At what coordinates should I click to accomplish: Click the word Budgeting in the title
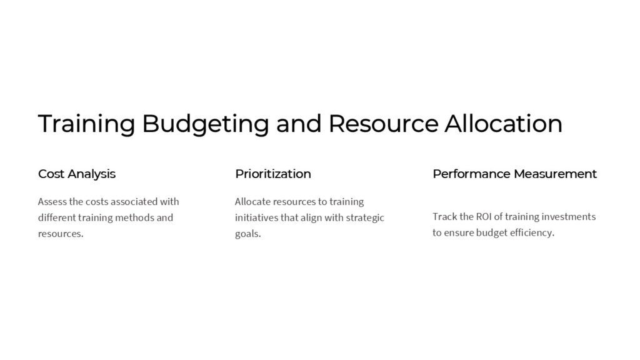[206, 124]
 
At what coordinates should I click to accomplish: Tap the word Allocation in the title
[503, 123]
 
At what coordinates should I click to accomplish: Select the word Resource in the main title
[383, 123]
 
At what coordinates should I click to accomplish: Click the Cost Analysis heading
[77, 174]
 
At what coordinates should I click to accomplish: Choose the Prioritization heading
[272, 174]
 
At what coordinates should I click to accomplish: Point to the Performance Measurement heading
[514, 174]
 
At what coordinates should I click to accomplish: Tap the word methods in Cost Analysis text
[133, 218]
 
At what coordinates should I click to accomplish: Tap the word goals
[247, 234]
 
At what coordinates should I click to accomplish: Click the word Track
[444, 217]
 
